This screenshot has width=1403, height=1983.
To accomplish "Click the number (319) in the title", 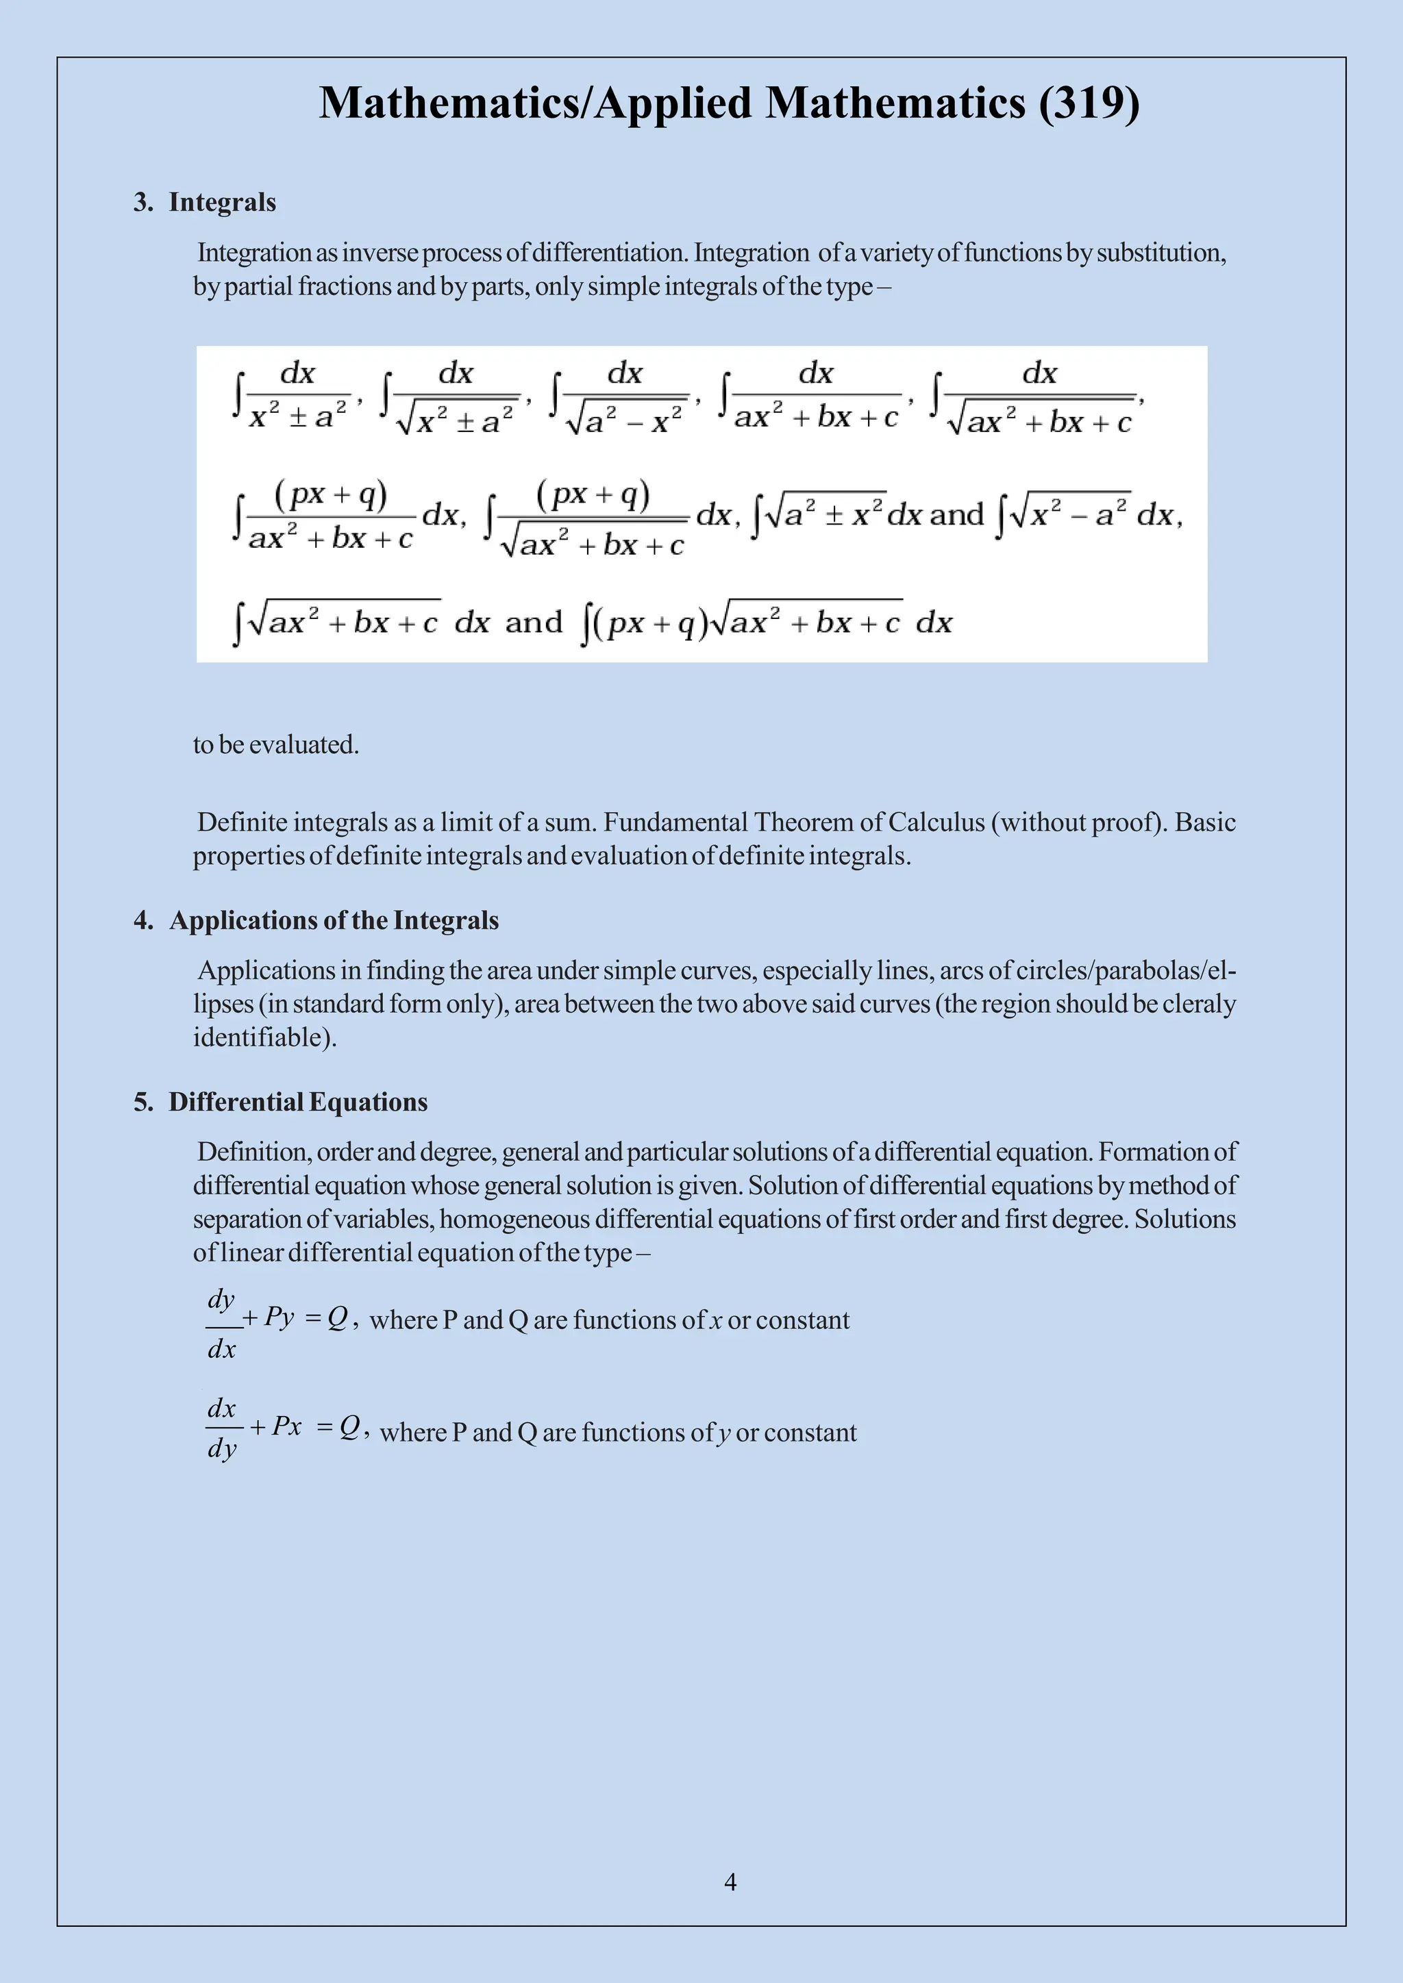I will click(1089, 103).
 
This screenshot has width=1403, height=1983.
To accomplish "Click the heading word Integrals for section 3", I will click(222, 202).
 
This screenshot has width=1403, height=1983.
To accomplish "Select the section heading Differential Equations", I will click(298, 1102).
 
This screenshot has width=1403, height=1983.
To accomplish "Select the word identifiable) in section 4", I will click(264, 1037).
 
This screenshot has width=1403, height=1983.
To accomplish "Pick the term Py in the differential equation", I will click(279, 1317).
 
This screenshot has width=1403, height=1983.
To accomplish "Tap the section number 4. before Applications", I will click(143, 921).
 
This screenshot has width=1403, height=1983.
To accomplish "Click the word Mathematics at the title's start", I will click(449, 103).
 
